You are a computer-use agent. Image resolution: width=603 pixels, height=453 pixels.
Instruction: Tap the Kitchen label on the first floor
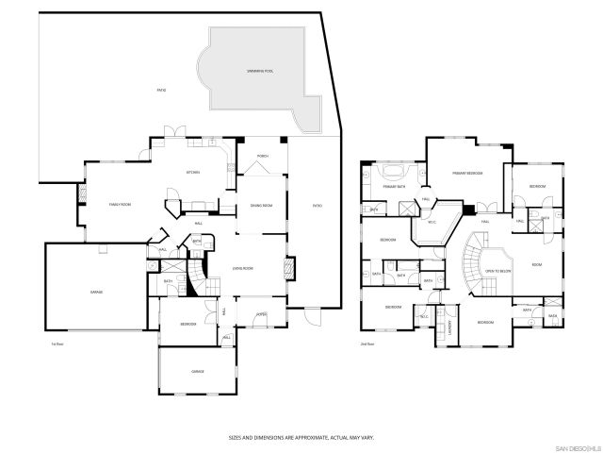click(x=192, y=172)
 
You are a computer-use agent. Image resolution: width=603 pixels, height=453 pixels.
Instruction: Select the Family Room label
click(x=120, y=204)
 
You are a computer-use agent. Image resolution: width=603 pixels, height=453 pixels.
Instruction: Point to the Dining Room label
click(x=261, y=205)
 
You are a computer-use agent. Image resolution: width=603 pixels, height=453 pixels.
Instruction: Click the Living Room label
click(x=244, y=268)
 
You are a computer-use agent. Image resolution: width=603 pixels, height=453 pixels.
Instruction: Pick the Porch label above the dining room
click(x=262, y=156)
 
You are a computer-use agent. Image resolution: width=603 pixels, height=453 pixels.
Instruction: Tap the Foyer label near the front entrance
click(x=262, y=315)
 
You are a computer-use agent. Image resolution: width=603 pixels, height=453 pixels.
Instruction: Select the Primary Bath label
click(x=395, y=187)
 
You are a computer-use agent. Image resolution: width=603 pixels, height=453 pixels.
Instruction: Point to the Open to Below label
click(x=497, y=270)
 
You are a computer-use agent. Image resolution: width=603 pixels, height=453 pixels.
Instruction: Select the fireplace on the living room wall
click(x=291, y=267)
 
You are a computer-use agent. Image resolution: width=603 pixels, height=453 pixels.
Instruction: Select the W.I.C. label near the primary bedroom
click(x=432, y=222)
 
